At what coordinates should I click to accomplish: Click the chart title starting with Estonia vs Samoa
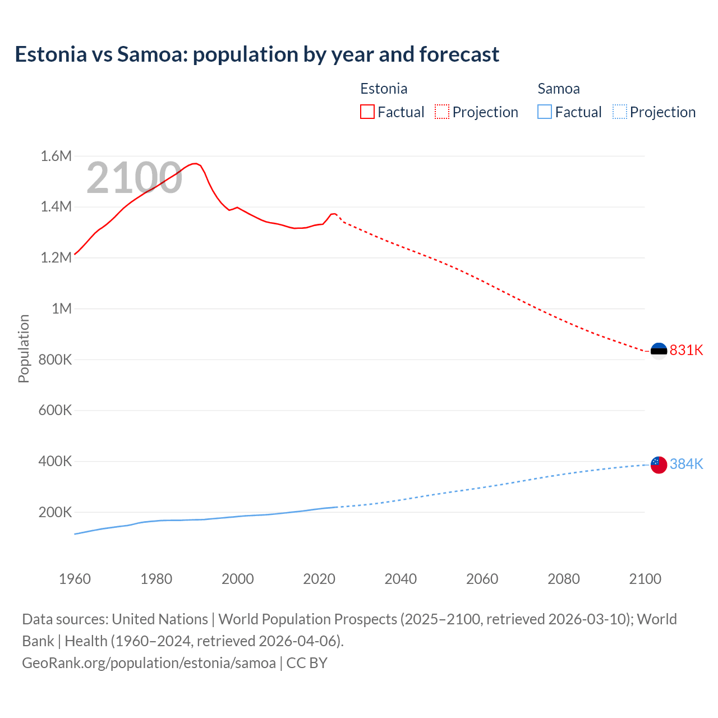click(257, 54)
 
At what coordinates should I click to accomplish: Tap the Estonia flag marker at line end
click(659, 351)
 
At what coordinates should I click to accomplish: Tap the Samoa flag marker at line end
click(659, 464)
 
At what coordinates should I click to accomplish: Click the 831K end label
click(686, 350)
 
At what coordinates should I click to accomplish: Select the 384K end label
click(686, 464)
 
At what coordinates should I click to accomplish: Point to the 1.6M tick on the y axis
click(56, 156)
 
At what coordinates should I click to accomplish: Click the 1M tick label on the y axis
click(62, 309)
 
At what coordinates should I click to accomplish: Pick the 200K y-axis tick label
click(55, 512)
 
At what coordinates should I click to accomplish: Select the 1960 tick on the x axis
click(75, 579)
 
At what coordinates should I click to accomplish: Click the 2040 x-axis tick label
click(401, 579)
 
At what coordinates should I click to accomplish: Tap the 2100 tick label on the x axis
click(645, 579)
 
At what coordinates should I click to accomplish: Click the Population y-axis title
click(24, 348)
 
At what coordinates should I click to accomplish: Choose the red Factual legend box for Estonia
click(367, 112)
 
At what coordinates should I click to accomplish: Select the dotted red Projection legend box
click(442, 112)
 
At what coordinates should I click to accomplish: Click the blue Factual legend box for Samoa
click(544, 112)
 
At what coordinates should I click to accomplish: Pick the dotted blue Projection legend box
click(619, 112)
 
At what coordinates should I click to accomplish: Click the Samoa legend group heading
click(559, 89)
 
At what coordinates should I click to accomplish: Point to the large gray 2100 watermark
click(134, 178)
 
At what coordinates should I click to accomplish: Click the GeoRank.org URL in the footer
click(149, 662)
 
